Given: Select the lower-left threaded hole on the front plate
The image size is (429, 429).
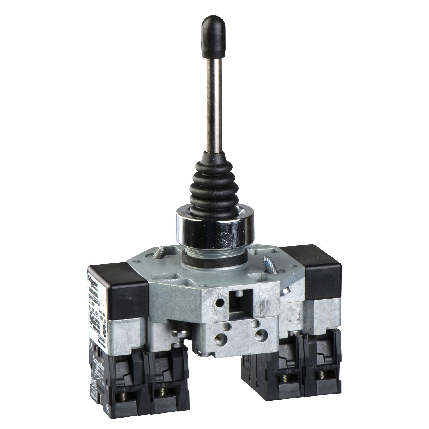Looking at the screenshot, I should (221, 340).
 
